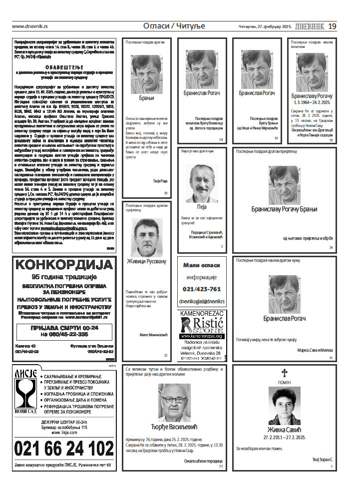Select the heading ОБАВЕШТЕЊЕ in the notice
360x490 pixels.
click(63, 66)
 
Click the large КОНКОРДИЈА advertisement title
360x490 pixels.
click(63, 264)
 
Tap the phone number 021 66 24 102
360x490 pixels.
click(64, 449)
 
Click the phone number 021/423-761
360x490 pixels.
click(202, 289)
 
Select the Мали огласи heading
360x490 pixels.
click(202, 265)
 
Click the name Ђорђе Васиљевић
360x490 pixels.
click(174, 427)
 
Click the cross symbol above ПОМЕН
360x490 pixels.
click(285, 372)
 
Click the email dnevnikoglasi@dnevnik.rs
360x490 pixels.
click(202, 301)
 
